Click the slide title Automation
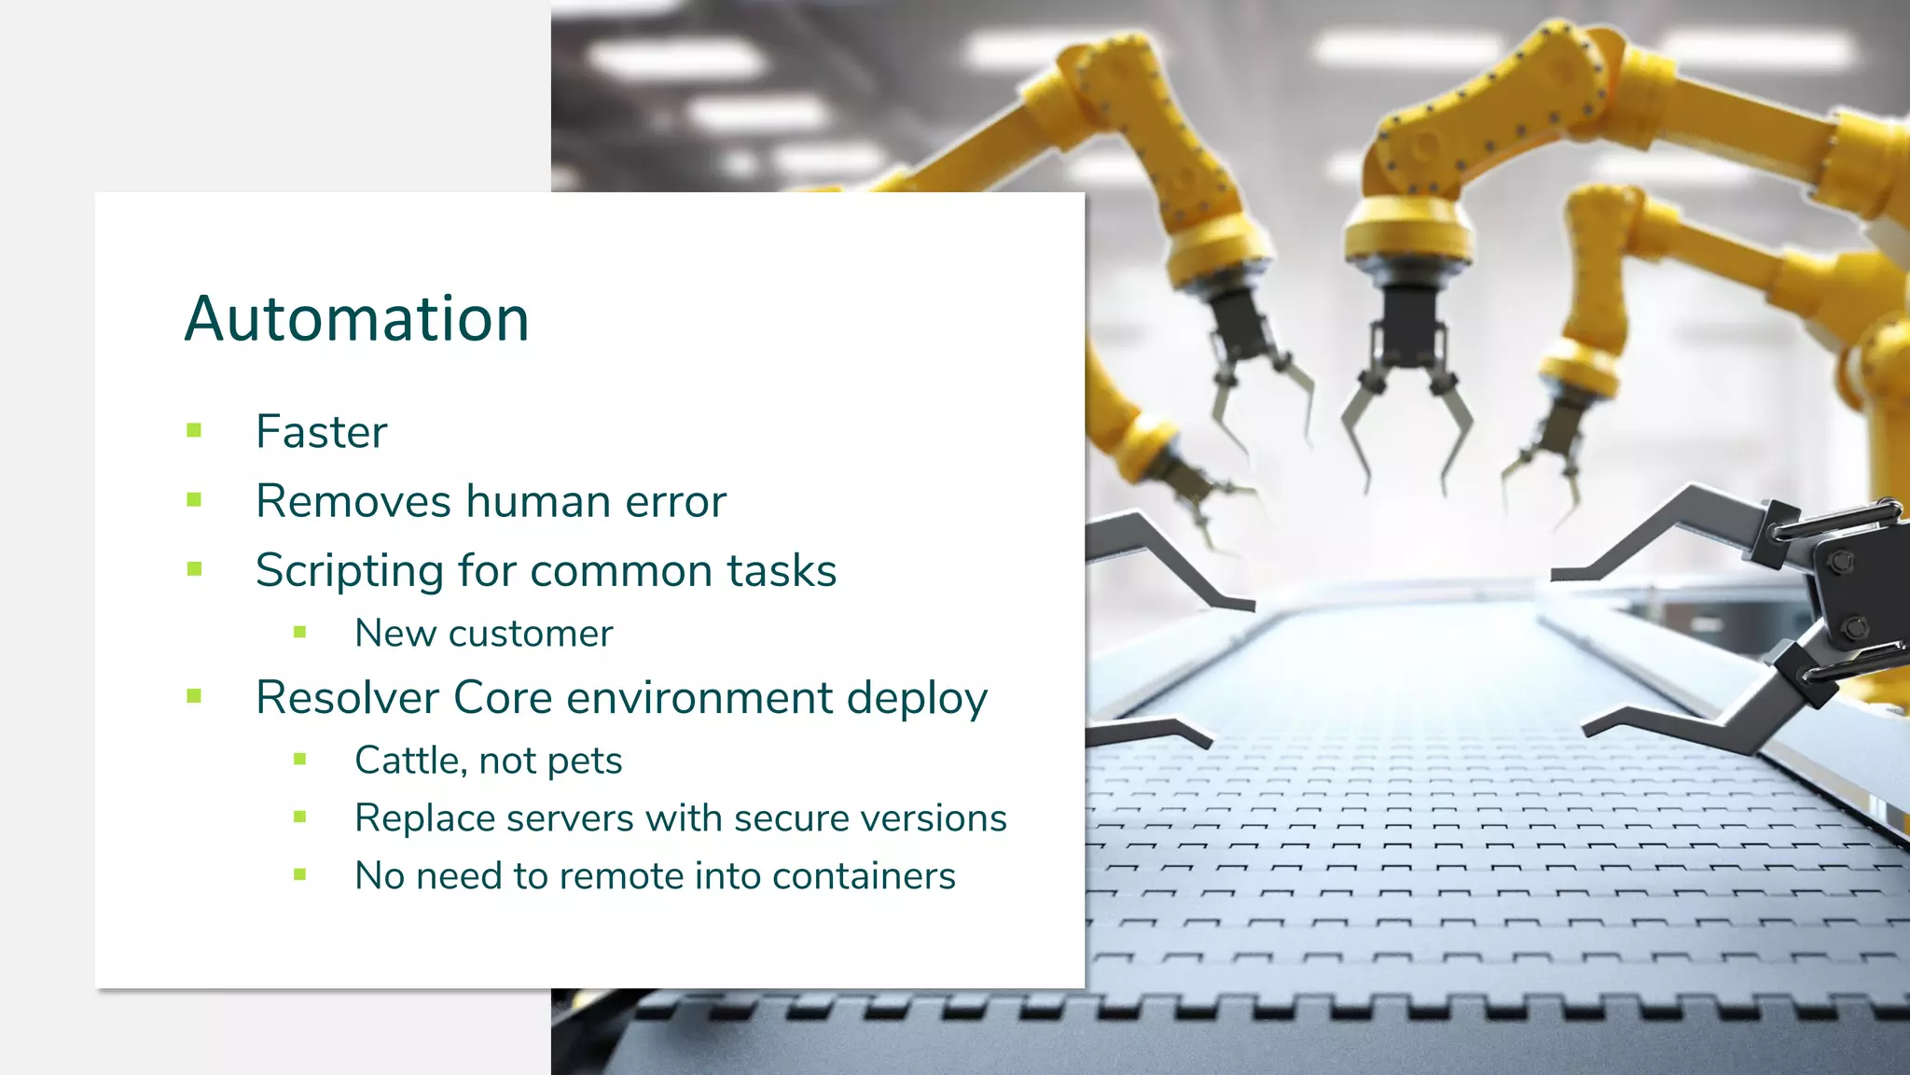click(x=356, y=319)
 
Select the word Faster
click(x=321, y=432)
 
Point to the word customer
click(x=530, y=634)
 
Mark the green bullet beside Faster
click(x=194, y=430)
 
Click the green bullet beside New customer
click(x=299, y=632)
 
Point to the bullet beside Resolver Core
click(x=194, y=695)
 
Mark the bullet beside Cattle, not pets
click(x=299, y=759)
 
